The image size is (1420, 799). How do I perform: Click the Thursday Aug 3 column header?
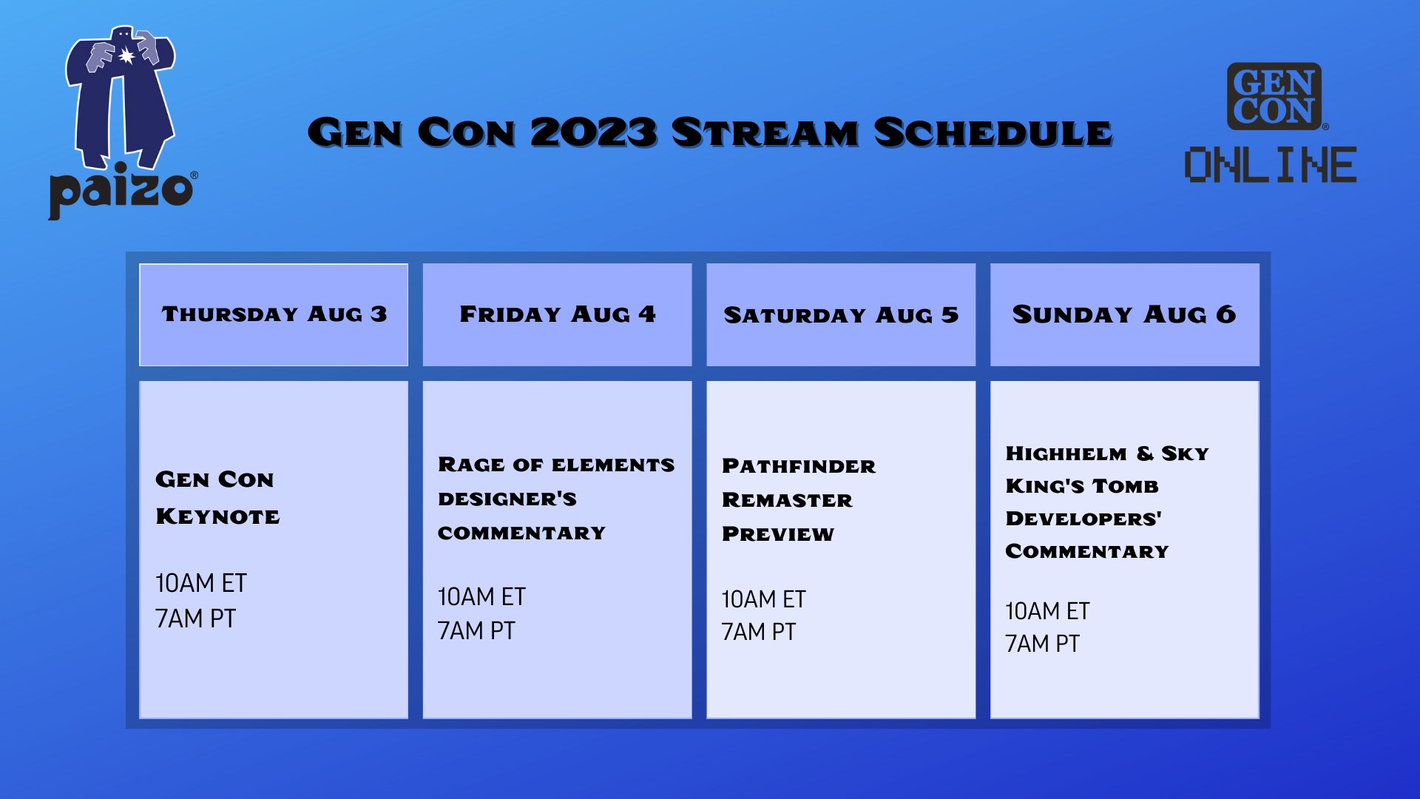click(274, 314)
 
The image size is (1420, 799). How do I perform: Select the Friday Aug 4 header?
click(557, 314)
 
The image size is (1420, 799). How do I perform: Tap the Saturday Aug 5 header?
click(841, 315)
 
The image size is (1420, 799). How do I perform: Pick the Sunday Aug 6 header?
click(1124, 314)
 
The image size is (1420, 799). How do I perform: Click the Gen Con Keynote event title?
click(217, 498)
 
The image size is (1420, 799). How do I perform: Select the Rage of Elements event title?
click(555, 499)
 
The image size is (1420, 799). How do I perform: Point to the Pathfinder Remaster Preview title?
click(798, 500)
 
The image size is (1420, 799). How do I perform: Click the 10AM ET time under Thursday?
click(200, 584)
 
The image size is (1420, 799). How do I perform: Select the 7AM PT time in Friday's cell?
click(476, 631)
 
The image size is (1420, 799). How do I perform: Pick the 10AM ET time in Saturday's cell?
click(763, 599)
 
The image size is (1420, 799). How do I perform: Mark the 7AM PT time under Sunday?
click(1042, 644)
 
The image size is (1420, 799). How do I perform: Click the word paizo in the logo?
click(121, 191)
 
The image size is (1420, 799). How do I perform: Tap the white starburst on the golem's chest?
click(127, 56)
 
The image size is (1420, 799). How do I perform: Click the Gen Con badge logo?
click(1274, 96)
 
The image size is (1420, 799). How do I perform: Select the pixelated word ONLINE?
click(1270, 164)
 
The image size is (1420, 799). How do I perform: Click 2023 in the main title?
click(593, 133)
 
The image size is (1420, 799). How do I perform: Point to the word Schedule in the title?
click(993, 133)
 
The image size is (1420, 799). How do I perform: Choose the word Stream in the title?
click(765, 133)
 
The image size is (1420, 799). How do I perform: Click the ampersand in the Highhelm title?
click(1145, 453)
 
